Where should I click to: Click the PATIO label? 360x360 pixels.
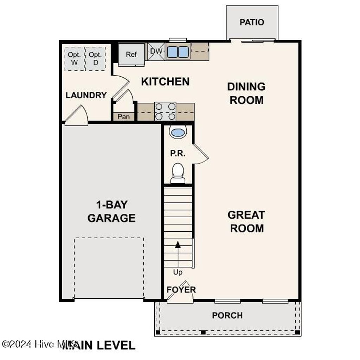(x=252, y=22)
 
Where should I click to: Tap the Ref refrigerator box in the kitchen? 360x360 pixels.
(x=131, y=54)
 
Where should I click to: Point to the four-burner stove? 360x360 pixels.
(x=165, y=111)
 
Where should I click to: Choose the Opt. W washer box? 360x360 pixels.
(x=74, y=59)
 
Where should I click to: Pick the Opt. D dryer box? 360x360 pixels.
(x=95, y=59)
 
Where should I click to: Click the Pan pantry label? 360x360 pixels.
(x=123, y=116)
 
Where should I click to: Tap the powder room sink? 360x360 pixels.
(x=178, y=133)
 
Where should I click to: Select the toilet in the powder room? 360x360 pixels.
(x=178, y=172)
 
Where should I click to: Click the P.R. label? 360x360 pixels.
(x=178, y=154)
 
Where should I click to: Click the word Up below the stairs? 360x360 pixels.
(x=178, y=272)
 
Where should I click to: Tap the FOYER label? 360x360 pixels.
(x=181, y=290)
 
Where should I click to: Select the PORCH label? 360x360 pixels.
(x=227, y=315)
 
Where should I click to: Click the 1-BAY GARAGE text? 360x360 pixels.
(x=111, y=211)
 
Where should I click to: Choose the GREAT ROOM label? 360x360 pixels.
(x=246, y=221)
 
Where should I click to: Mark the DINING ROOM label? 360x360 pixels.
(x=246, y=93)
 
